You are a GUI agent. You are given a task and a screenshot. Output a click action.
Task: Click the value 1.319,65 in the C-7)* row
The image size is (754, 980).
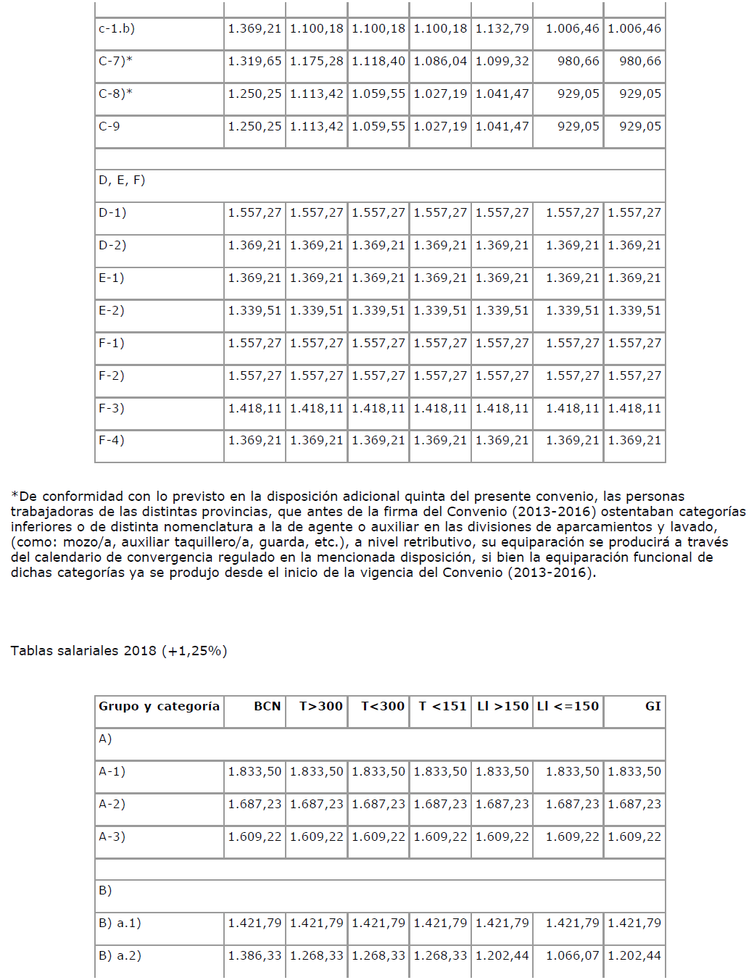(x=254, y=62)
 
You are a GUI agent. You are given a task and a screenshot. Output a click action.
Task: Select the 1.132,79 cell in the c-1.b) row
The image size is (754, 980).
(x=502, y=29)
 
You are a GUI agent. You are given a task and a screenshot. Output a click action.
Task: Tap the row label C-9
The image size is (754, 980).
(x=109, y=127)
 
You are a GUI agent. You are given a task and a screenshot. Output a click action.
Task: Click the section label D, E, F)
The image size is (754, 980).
(x=122, y=180)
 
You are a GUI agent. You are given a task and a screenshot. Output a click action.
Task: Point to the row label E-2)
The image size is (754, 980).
(x=112, y=311)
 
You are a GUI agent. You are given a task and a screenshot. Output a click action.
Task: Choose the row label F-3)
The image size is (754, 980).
(x=112, y=409)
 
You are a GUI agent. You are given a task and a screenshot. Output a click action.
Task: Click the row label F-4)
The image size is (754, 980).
(x=112, y=441)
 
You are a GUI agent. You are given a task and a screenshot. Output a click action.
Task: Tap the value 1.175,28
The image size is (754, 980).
(x=316, y=62)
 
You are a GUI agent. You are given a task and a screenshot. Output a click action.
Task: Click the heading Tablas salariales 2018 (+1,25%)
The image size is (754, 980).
(x=119, y=651)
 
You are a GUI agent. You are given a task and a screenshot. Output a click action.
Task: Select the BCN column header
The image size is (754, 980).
(x=267, y=706)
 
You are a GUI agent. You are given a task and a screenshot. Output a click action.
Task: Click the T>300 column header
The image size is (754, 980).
(x=320, y=706)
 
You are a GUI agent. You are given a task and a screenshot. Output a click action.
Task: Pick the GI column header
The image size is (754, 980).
(x=652, y=706)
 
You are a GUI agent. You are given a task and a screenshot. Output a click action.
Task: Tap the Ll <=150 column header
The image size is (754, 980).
(x=568, y=706)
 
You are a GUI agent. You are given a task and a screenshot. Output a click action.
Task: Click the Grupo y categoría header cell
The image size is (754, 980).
(x=159, y=706)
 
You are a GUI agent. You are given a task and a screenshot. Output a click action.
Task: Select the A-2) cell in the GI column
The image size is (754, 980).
(x=634, y=805)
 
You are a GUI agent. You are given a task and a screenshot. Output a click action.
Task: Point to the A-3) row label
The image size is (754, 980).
(x=112, y=837)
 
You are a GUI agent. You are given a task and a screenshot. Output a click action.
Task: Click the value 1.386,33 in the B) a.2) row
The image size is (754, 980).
(x=254, y=956)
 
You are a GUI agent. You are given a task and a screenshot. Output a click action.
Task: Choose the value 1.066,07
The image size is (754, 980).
(x=572, y=956)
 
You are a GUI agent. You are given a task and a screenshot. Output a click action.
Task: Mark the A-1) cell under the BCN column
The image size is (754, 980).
(x=254, y=772)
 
